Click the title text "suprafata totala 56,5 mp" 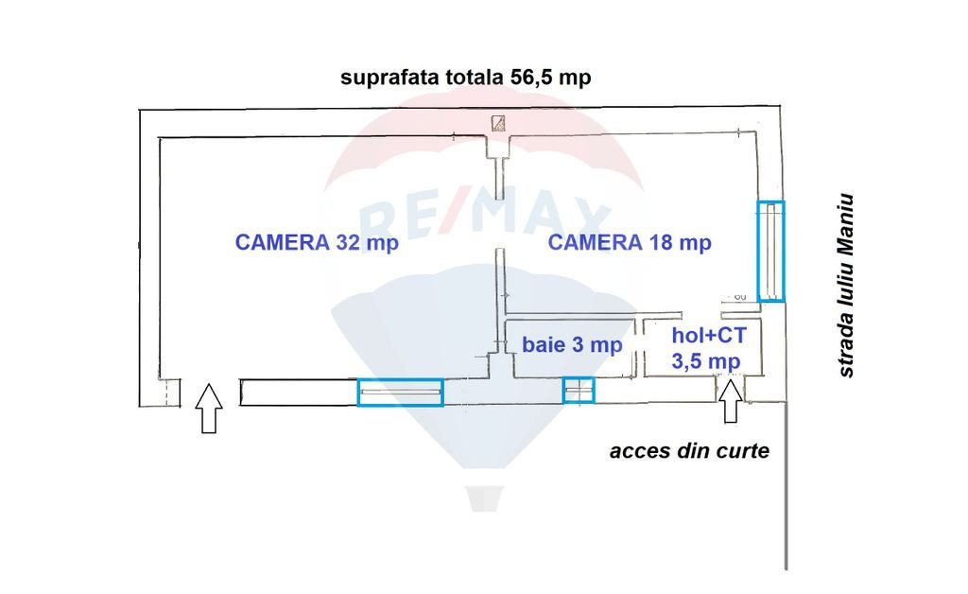tap(465, 78)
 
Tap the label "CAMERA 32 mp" tap(317, 243)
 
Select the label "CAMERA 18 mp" tap(630, 243)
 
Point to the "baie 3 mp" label tap(572, 344)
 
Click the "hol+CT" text tap(709, 335)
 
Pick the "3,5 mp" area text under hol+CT tap(706, 361)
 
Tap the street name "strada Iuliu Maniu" tap(845, 286)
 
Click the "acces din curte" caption tap(689, 451)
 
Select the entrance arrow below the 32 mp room tap(209, 409)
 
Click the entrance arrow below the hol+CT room tap(731, 401)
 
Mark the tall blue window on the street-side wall tap(771, 252)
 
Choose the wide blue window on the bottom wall tap(400, 393)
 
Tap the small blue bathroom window tap(579, 391)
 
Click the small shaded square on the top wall tap(498, 124)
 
